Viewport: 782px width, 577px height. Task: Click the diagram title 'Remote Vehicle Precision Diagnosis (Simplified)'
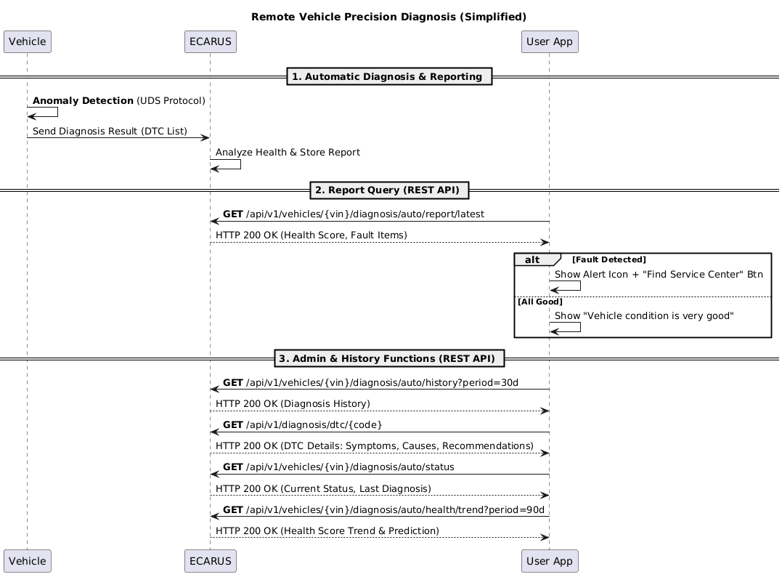pyautogui.click(x=388, y=17)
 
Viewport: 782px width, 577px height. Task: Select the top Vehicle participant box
pyautogui.click(x=28, y=41)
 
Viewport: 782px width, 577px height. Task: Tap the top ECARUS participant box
pyautogui.click(x=211, y=41)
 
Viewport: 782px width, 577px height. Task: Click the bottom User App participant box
pyautogui.click(x=550, y=561)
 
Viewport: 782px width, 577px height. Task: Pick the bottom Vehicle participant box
pyautogui.click(x=28, y=561)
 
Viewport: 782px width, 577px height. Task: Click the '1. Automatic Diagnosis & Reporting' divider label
pyautogui.click(x=389, y=76)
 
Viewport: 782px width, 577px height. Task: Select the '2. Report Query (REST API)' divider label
pyautogui.click(x=389, y=190)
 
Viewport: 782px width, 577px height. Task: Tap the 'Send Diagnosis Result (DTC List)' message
pyautogui.click(x=110, y=132)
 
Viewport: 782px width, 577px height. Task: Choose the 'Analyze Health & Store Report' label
pyautogui.click(x=288, y=152)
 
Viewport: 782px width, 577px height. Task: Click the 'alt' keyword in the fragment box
pyautogui.click(x=532, y=259)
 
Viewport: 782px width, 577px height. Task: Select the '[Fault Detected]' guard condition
pyautogui.click(x=609, y=259)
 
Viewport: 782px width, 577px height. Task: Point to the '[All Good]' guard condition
pyautogui.click(x=540, y=302)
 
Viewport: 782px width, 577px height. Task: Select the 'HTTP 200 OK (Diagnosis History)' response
pyautogui.click(x=293, y=404)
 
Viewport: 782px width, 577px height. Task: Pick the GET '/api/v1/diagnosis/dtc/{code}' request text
pyautogui.click(x=302, y=425)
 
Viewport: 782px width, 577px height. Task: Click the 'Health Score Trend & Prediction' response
pyautogui.click(x=327, y=530)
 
